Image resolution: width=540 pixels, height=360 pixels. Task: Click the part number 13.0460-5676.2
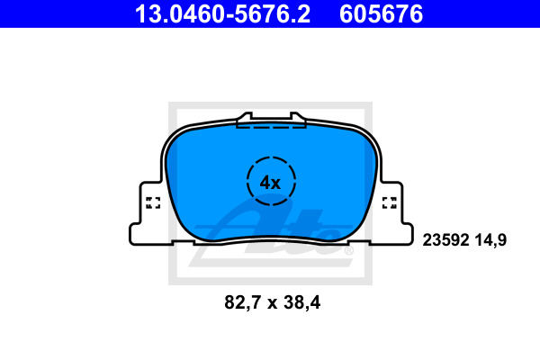(x=222, y=14)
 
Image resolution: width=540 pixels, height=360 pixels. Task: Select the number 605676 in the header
(x=381, y=14)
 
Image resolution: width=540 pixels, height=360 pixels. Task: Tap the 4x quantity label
(x=270, y=183)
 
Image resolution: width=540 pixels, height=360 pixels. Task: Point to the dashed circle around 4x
(x=247, y=181)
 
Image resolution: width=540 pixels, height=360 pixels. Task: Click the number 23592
(x=445, y=239)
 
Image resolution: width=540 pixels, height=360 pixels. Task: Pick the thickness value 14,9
(x=491, y=240)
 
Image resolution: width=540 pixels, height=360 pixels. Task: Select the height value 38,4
(x=302, y=302)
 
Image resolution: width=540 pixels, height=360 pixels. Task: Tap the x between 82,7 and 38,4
(x=273, y=304)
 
